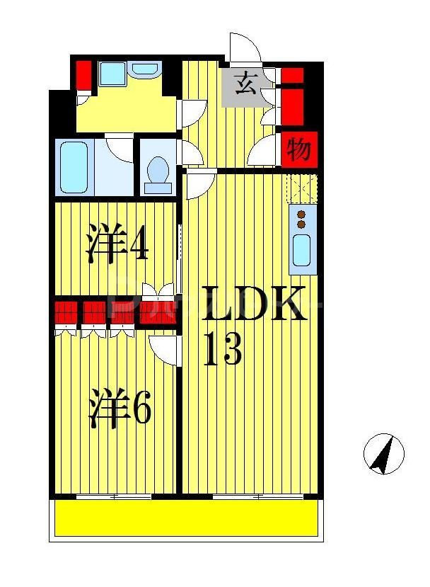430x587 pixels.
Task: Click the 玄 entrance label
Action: coord(245,84)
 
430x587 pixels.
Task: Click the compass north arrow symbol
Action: coord(383,453)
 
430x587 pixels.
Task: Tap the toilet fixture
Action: coord(158,173)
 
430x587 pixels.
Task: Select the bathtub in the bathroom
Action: coord(74,167)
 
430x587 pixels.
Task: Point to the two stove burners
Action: coord(302,220)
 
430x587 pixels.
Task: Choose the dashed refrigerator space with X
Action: coord(302,188)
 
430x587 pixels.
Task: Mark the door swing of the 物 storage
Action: coord(268,150)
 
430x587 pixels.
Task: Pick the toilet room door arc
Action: coord(190,152)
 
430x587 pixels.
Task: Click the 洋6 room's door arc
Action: coord(165,349)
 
